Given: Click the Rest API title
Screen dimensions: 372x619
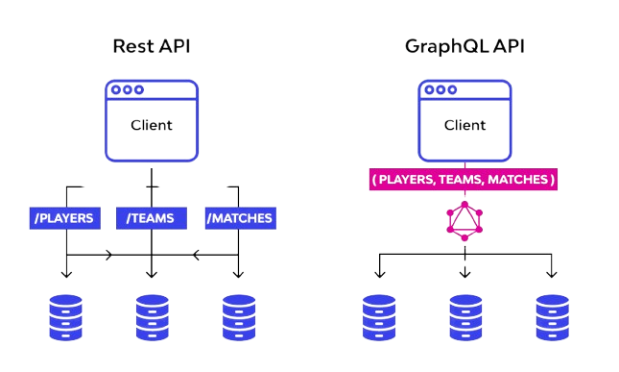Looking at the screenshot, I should tap(151, 46).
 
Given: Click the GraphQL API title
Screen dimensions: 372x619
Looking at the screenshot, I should tap(464, 46).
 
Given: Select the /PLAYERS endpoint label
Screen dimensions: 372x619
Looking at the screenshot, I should tap(65, 218).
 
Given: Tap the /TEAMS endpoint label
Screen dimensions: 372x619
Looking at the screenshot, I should tap(151, 218).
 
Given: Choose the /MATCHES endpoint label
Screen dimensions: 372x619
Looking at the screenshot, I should tap(239, 218).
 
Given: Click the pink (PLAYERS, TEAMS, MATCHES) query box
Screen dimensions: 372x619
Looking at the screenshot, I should tap(464, 180).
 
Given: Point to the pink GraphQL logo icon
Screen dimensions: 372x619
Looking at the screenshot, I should tap(464, 222).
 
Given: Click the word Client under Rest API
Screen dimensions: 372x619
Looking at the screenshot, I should tap(151, 126).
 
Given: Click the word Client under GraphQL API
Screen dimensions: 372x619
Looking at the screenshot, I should tap(464, 126).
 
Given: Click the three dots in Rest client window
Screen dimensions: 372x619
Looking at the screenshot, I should tap(127, 90).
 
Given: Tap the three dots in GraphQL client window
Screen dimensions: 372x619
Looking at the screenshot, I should tap(440, 90).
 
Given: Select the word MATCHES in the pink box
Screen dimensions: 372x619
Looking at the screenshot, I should tap(518, 180).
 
